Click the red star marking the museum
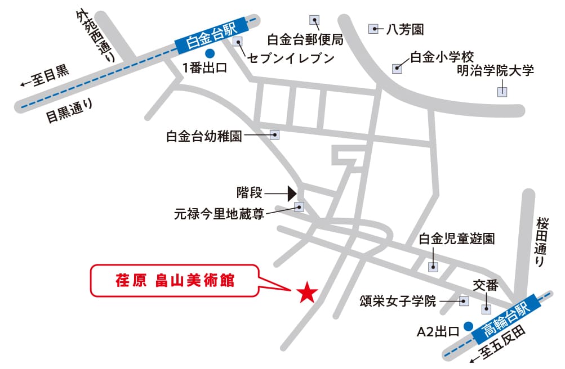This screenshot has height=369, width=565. click(307, 291)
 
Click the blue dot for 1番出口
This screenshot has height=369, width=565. click(210, 54)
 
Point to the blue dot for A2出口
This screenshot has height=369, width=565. click(467, 325)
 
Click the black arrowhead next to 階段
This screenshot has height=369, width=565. click(292, 193)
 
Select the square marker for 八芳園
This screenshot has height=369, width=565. click(373, 28)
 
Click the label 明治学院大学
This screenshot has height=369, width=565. click(495, 71)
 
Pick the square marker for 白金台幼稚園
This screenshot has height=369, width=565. click(275, 135)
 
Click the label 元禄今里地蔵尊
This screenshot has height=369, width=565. click(219, 214)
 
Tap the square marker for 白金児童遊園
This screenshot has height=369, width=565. click(433, 267)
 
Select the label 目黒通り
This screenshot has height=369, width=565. click(69, 110)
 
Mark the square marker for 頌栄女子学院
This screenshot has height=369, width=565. click(464, 301)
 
